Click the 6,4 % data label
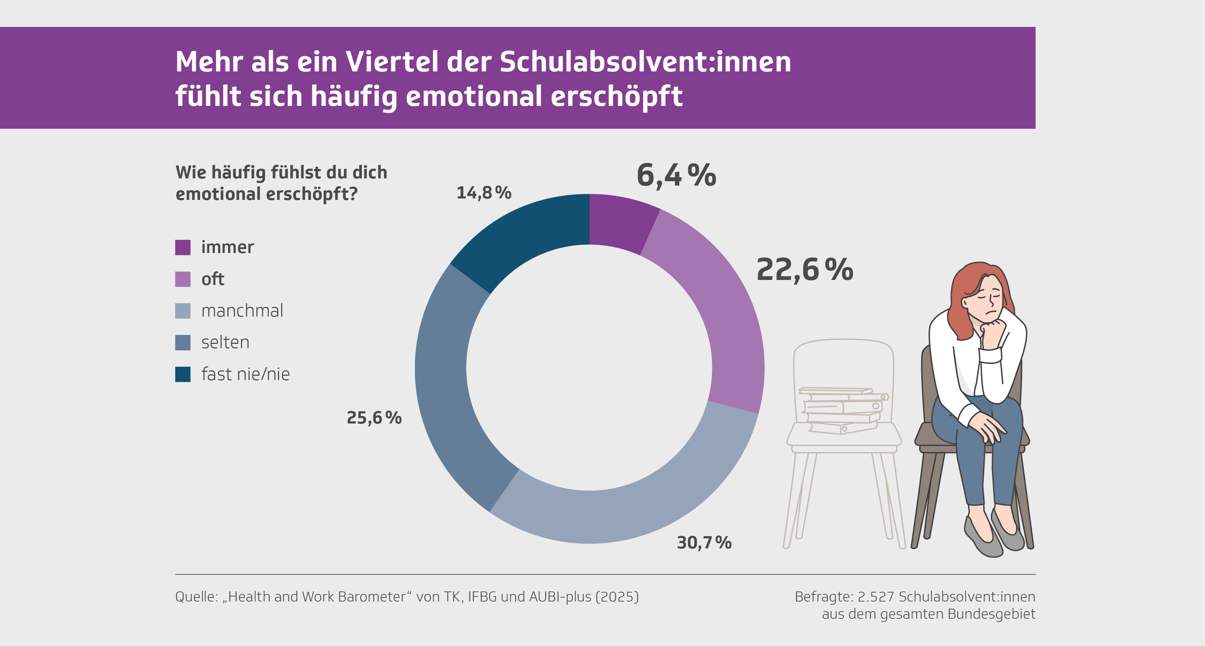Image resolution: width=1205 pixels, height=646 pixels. [676, 175]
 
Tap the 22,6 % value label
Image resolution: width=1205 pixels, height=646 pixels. [804, 270]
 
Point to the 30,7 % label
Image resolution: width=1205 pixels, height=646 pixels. [704, 543]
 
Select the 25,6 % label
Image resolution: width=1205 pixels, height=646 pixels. [374, 417]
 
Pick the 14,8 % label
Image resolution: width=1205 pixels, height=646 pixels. [484, 193]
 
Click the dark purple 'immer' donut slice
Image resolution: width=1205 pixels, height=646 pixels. [620, 223]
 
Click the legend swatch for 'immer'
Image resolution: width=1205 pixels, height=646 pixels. [183, 247]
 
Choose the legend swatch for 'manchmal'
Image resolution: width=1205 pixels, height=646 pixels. [183, 311]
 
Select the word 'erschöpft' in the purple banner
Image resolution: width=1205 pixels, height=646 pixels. [616, 97]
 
